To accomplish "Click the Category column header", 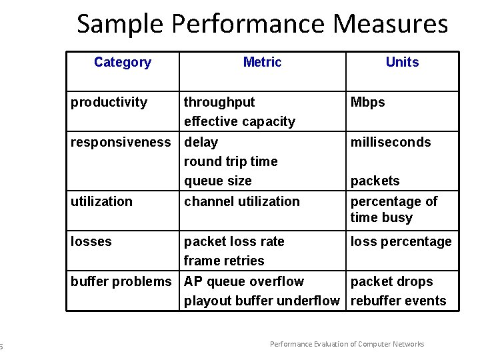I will [x=123, y=63].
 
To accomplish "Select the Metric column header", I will [x=262, y=63].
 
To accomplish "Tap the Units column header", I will [x=402, y=63].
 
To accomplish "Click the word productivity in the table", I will [x=109, y=102].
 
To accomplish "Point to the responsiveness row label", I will [x=121, y=142].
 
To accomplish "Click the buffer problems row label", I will [x=121, y=281].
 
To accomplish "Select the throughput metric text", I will [x=219, y=102].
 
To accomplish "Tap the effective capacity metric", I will [x=239, y=121].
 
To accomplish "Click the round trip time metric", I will [x=231, y=161].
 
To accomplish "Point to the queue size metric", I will [x=218, y=181].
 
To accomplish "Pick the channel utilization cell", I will [x=242, y=201].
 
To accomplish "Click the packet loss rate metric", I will [x=234, y=241].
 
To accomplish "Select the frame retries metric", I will [x=224, y=261].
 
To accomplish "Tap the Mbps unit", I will [x=368, y=102].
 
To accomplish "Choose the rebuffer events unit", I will [x=399, y=301].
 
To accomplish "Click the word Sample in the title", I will [x=121, y=24].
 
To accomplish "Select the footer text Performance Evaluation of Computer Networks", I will [x=347, y=344].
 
